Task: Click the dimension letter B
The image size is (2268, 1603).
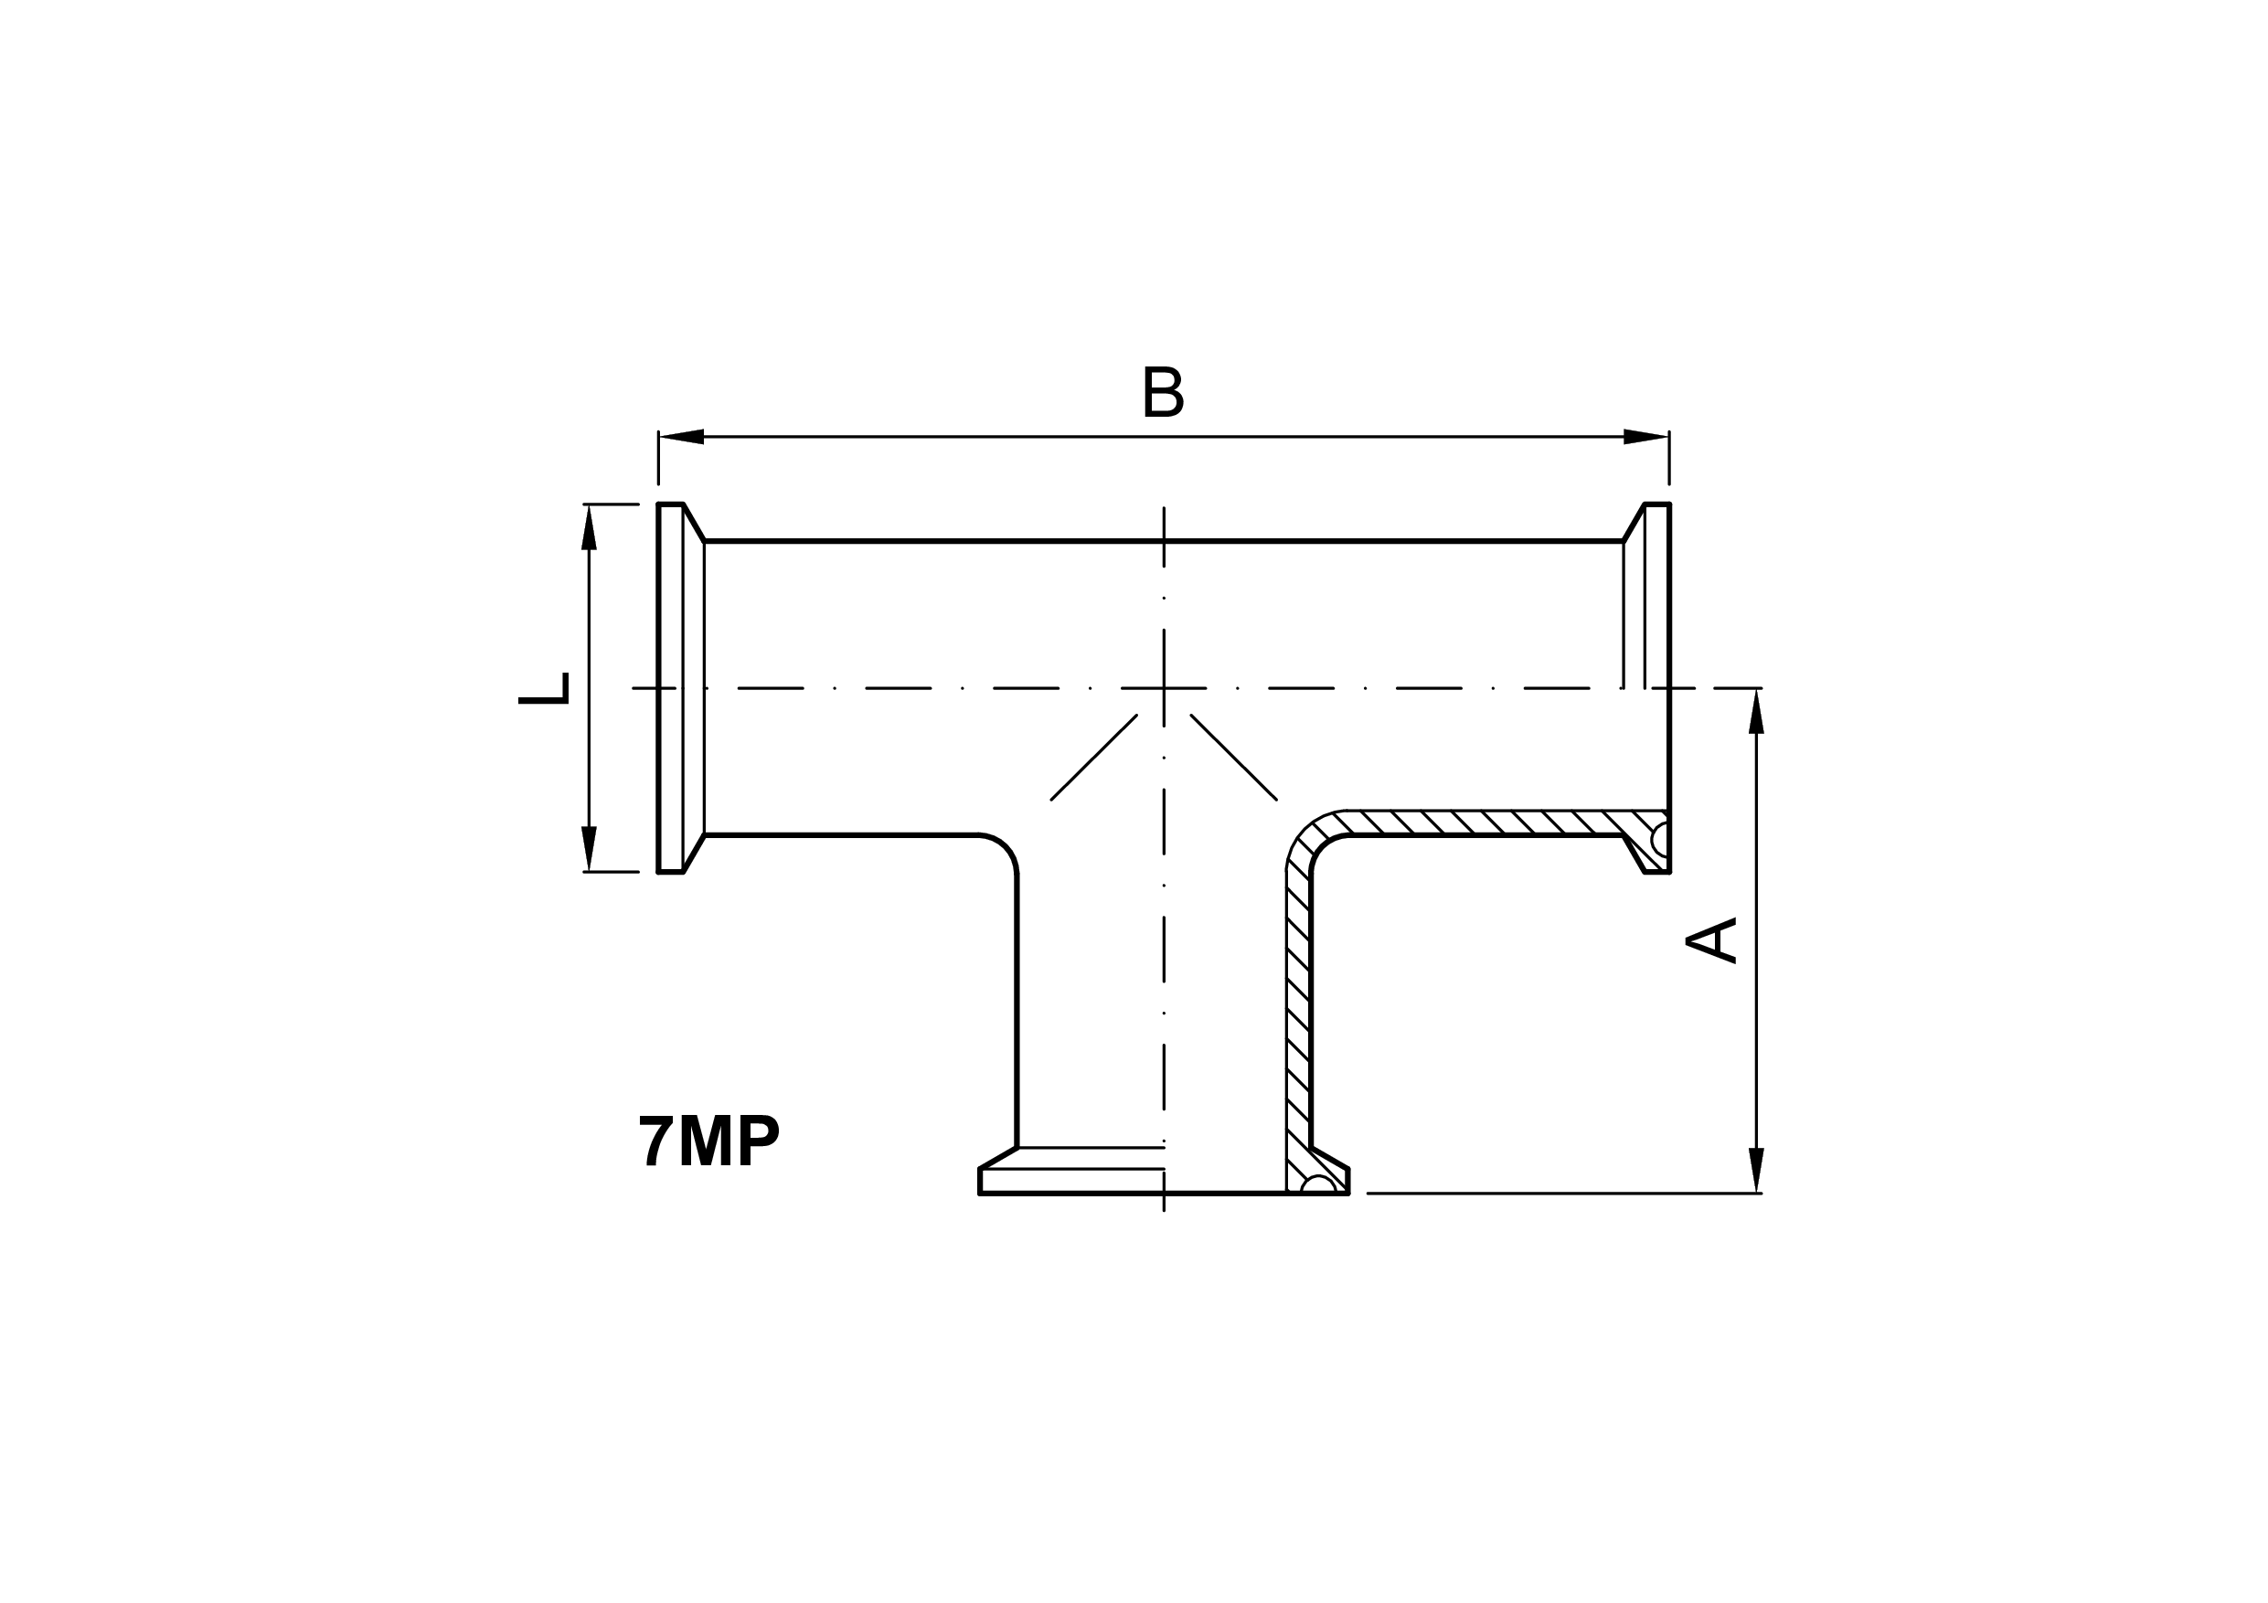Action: tap(1163, 392)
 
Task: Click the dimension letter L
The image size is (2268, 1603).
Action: tap(544, 688)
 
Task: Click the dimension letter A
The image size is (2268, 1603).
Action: tap(1711, 940)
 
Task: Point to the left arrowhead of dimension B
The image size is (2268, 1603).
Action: tap(681, 437)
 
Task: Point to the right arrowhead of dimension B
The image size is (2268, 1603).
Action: tap(1646, 437)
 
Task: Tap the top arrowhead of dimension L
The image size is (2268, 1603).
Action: tap(589, 526)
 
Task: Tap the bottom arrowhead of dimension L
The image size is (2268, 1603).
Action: tap(589, 849)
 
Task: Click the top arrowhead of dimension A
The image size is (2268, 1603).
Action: tap(1755, 711)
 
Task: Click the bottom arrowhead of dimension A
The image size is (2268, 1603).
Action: tap(1755, 1171)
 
